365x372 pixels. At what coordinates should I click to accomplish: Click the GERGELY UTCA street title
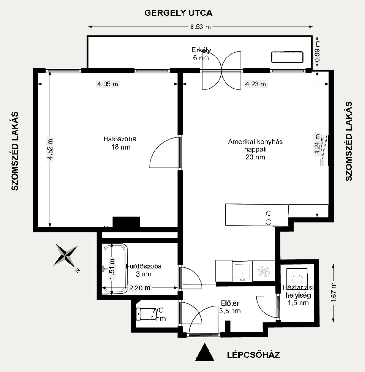click(x=178, y=13)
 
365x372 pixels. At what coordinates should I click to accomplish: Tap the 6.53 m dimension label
click(x=200, y=27)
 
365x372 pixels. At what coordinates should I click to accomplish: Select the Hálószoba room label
click(x=120, y=139)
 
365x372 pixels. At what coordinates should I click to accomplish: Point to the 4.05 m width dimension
click(x=107, y=84)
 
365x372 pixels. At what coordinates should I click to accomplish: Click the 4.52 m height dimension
click(x=50, y=149)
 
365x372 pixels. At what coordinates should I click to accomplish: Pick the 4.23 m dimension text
click(x=255, y=84)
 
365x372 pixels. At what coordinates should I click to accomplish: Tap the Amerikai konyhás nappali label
click(x=255, y=149)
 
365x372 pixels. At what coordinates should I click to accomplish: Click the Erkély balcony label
click(x=201, y=50)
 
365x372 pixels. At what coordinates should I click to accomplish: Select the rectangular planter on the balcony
click(x=287, y=57)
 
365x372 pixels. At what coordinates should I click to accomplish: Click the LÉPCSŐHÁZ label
click(x=253, y=355)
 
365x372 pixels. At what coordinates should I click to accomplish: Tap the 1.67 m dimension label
click(x=334, y=293)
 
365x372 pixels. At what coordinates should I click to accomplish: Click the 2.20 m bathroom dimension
click(x=140, y=288)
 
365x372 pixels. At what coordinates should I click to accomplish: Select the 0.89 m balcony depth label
click(x=317, y=51)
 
